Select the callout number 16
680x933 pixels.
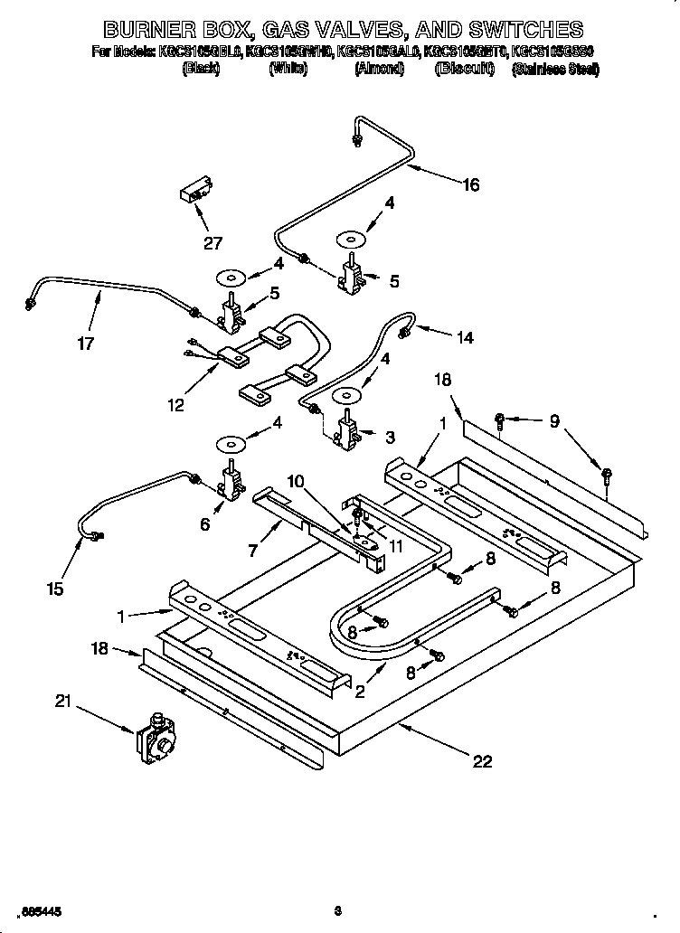point(470,185)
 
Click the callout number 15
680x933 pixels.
point(55,589)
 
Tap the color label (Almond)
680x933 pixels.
point(378,69)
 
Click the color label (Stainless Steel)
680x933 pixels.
point(554,69)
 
